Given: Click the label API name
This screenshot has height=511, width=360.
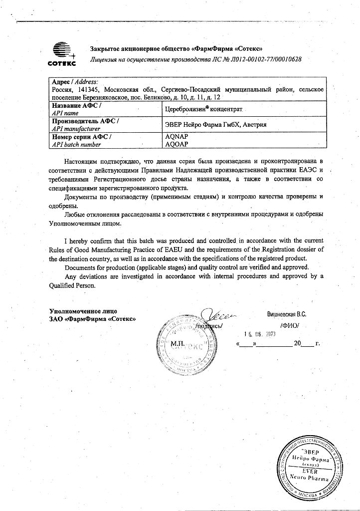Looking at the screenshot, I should (x=65, y=113).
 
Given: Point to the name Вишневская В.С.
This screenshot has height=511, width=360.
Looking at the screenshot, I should (x=287, y=315).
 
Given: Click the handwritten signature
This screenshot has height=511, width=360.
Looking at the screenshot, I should (x=218, y=316).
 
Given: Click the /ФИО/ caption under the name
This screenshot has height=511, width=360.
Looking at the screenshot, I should (x=290, y=325).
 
